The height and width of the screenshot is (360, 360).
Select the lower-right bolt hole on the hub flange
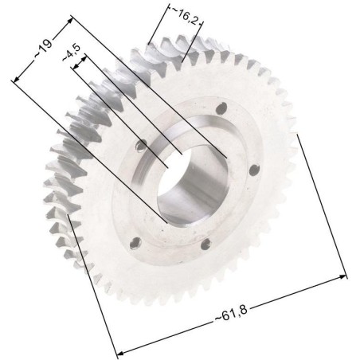pos(206,245)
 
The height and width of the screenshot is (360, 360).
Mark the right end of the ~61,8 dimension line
pos(346,277)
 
